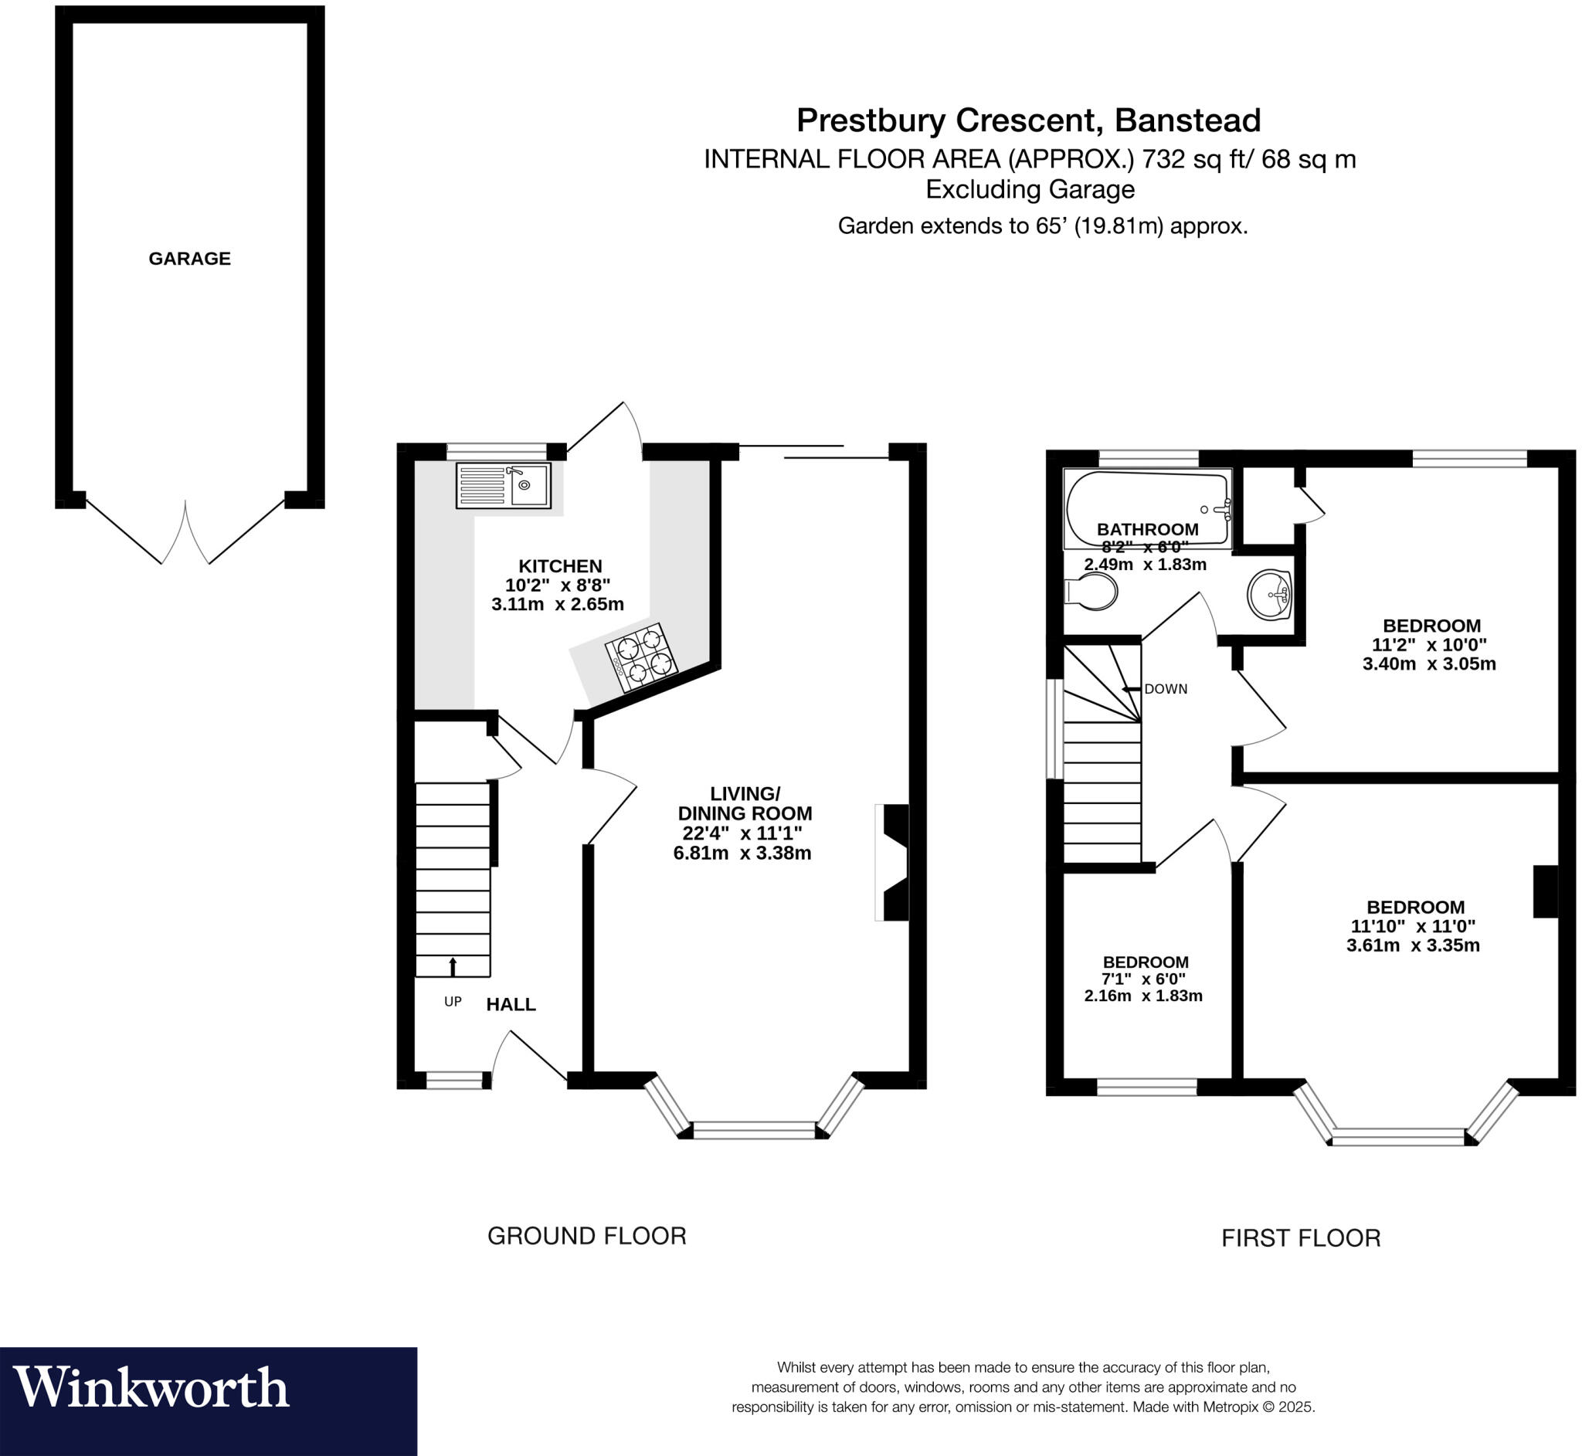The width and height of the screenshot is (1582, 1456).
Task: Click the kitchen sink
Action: (x=504, y=485)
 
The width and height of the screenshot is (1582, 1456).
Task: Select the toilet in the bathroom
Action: (x=1091, y=591)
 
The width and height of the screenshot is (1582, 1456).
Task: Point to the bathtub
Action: (x=1146, y=507)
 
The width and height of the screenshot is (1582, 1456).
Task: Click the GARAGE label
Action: (x=190, y=259)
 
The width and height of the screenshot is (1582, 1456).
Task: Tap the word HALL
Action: (x=511, y=1005)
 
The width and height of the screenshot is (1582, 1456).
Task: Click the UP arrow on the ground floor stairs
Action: (x=453, y=966)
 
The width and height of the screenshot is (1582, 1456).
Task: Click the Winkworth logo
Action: (x=151, y=1387)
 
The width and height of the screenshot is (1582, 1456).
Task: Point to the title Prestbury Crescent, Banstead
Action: (x=1028, y=120)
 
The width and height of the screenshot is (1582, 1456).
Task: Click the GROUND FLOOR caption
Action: (x=587, y=1236)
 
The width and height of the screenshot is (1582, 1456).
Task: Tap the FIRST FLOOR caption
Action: (x=1301, y=1238)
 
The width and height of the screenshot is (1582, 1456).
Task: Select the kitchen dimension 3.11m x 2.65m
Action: (x=558, y=604)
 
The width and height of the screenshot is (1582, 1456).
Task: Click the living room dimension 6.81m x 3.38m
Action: (x=742, y=854)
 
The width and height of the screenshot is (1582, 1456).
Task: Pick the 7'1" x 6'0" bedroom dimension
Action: (x=1143, y=979)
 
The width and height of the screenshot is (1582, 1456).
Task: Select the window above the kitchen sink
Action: (x=497, y=450)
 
